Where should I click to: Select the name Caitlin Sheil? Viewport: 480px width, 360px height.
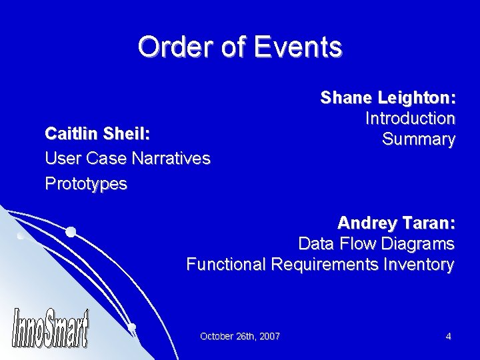coord(97,134)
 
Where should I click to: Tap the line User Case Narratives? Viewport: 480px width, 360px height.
coord(127,159)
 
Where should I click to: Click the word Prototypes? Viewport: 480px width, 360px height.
coord(85,183)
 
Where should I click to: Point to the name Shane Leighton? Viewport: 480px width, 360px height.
coord(388,98)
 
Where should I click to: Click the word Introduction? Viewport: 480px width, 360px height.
coord(410,119)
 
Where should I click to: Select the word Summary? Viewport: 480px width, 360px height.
coord(419,139)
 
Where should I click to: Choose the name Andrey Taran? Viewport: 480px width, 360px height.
coord(396,221)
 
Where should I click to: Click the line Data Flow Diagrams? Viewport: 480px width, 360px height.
coord(376,243)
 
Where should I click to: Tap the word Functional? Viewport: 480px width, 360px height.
coord(226,265)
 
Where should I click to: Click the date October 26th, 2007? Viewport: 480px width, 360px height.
coord(240,336)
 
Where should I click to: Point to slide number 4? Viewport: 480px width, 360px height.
coord(449,336)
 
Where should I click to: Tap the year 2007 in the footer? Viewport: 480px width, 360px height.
coord(270,336)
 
